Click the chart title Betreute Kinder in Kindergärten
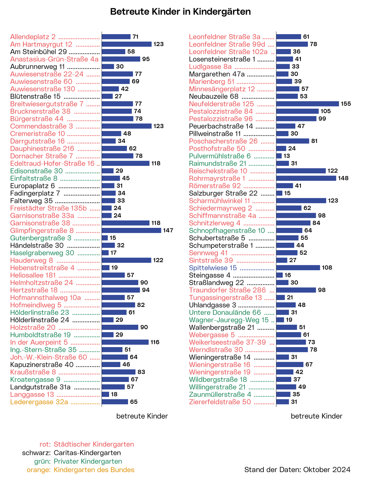180,12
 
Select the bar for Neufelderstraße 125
308,104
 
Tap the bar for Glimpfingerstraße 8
131,230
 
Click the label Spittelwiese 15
213,268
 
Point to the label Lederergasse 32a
39,402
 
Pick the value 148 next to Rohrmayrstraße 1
343,179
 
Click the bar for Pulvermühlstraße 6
279,156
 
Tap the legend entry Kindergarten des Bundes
94,470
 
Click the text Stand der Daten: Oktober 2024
297,470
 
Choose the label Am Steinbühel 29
39,52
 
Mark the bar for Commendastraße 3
127,126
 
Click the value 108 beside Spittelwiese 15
327,268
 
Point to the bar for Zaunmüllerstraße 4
283,394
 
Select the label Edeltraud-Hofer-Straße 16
52,164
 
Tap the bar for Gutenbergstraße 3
105,238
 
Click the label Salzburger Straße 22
223,193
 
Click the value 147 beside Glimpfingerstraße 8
168,230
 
